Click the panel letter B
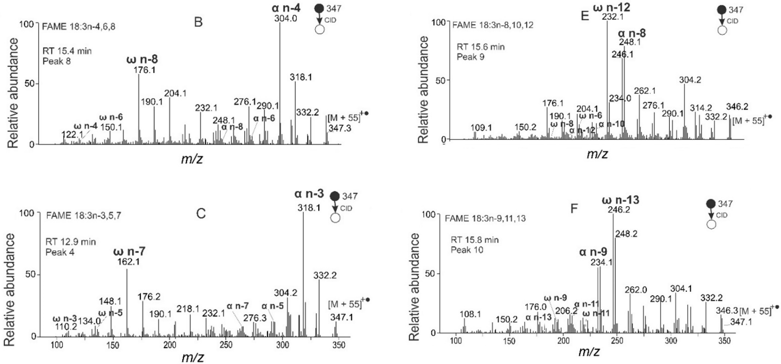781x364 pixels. tap(198, 22)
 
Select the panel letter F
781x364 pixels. tap(574, 209)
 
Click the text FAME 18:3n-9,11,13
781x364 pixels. tap(485, 218)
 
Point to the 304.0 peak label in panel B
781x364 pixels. tap(286, 18)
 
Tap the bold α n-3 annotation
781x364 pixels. tap(309, 193)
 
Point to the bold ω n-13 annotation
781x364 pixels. tap(620, 200)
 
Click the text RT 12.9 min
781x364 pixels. tap(70, 242)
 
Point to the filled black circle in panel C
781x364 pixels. tap(335, 196)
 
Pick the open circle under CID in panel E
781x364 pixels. tap(722, 31)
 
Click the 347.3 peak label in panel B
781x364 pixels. tap(340, 128)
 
